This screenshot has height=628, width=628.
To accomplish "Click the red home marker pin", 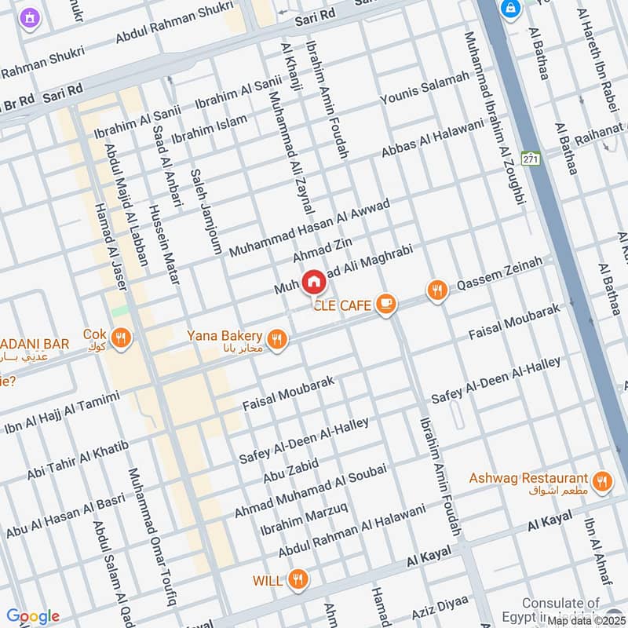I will [313, 281].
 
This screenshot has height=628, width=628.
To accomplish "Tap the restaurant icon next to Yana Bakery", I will [276, 339].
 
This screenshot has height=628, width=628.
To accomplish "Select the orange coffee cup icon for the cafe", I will [385, 303].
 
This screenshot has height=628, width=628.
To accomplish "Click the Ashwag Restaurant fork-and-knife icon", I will [602, 481].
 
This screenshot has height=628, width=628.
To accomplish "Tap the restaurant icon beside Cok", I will [120, 338].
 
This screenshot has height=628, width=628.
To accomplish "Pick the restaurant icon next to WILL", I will [298, 580].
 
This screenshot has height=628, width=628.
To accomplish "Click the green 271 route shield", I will [531, 159].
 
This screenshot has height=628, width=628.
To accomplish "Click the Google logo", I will [32, 616].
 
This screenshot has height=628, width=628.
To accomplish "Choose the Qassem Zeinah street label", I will [499, 274].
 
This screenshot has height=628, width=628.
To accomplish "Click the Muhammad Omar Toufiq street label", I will [152, 537].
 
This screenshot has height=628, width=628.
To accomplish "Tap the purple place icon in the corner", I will [30, 16].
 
